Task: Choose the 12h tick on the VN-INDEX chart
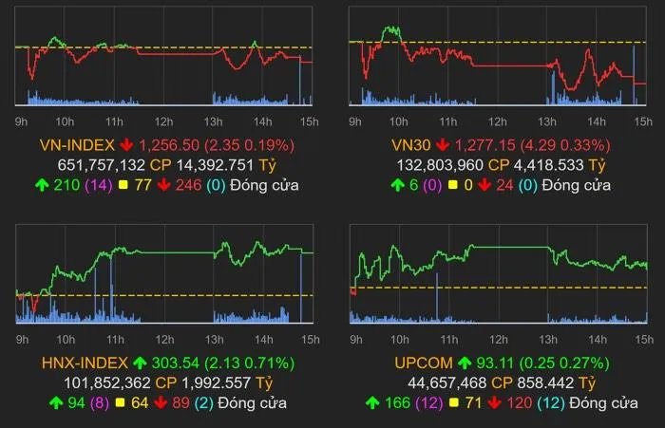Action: tap(163, 121)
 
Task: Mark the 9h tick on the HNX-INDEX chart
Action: tap(23, 339)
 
